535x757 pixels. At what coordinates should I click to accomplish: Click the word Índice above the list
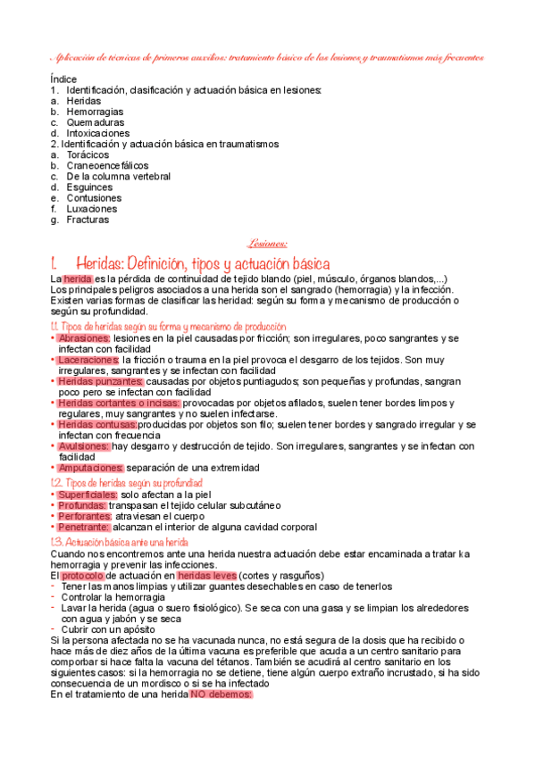63,79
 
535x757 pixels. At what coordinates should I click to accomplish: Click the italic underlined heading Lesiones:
267,241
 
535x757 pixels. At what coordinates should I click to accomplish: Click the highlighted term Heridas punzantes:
100,381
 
